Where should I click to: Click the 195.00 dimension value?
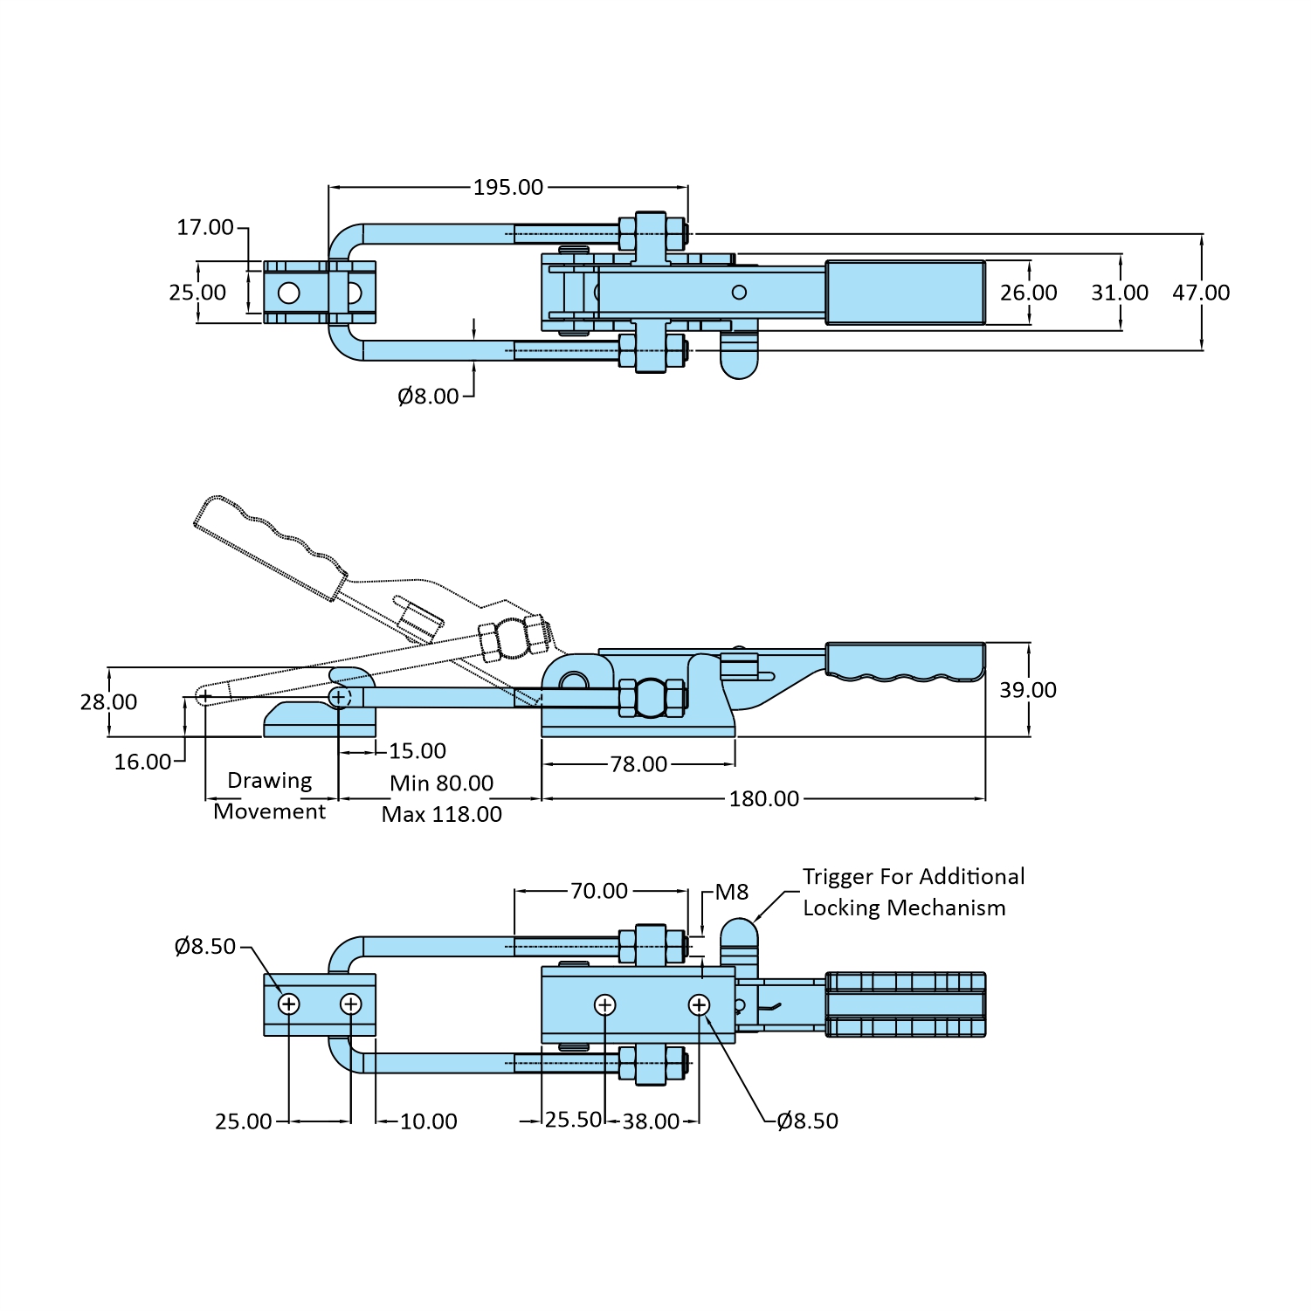click(x=507, y=187)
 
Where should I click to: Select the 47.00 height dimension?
click(x=1200, y=293)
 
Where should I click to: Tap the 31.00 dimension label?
click(x=1119, y=293)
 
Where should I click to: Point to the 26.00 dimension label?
click(x=1028, y=293)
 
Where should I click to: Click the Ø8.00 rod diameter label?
click(x=428, y=397)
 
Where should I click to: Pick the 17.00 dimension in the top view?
click(x=205, y=228)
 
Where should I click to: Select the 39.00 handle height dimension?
click(x=1027, y=690)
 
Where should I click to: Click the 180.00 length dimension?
click(x=763, y=799)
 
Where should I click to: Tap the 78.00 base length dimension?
click(x=638, y=764)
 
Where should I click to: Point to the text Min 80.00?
click(x=441, y=783)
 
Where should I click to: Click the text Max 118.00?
click(x=441, y=815)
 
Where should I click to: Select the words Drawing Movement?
click(x=269, y=796)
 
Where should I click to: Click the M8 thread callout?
click(x=731, y=892)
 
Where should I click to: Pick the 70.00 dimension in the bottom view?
click(x=599, y=891)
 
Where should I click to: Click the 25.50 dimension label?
click(x=573, y=1120)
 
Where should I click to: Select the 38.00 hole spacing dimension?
click(x=651, y=1121)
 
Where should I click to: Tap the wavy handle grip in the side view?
click(x=905, y=661)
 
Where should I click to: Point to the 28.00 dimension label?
click(x=108, y=702)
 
